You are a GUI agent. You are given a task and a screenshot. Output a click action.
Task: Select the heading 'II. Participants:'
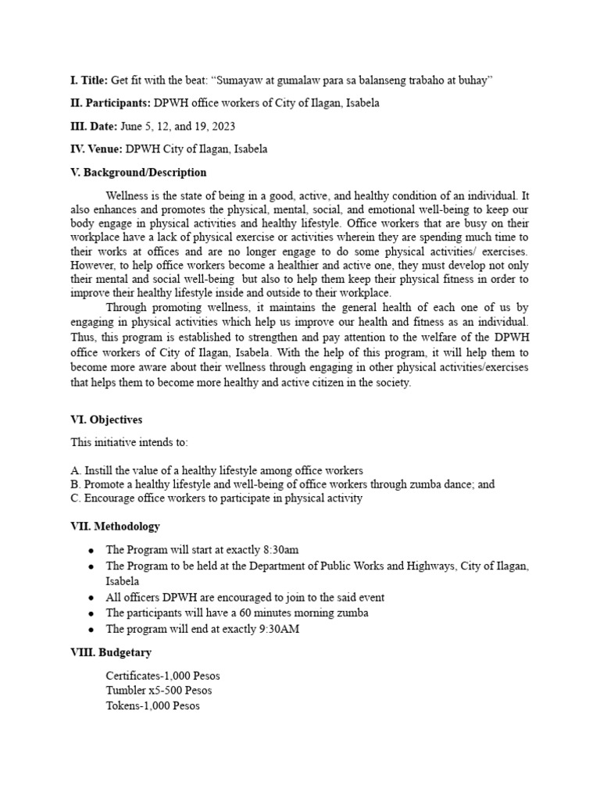[x=110, y=103]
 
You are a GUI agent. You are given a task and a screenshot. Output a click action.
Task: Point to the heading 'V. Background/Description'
[x=138, y=172]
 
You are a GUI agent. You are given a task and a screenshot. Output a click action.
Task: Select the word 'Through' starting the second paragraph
[x=125, y=307]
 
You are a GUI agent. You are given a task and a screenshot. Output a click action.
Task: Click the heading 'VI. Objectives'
[x=106, y=420]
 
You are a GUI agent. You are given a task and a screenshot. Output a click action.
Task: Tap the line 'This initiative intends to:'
[x=129, y=442]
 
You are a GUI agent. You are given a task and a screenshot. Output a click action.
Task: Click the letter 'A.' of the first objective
[x=75, y=471]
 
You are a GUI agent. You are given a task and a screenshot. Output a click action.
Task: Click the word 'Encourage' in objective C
[x=108, y=498]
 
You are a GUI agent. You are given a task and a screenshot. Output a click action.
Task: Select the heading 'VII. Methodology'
[x=115, y=527]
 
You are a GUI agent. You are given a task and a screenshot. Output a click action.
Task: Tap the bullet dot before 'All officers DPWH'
[x=91, y=598]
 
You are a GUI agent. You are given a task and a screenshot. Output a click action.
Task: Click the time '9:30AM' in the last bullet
[x=280, y=628]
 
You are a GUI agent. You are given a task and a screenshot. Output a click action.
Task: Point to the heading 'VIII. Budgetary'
[x=111, y=652]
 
